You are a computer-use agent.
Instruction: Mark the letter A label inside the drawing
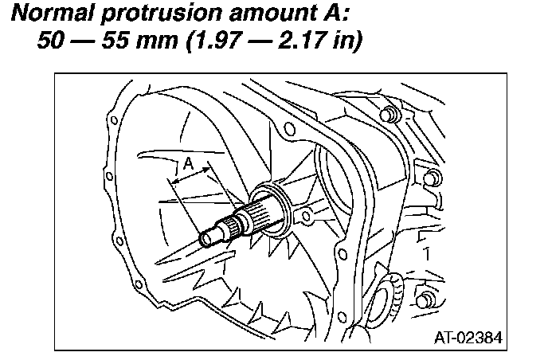point(188,162)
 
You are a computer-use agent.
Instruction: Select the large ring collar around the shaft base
point(271,209)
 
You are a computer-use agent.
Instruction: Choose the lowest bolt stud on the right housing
point(426,301)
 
